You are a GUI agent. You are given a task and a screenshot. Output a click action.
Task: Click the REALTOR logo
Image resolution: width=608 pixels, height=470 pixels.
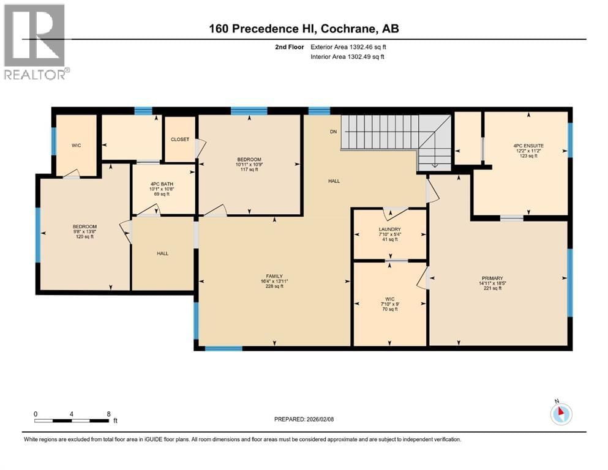(35, 42)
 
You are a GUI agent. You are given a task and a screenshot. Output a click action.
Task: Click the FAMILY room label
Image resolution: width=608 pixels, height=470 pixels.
(274, 276)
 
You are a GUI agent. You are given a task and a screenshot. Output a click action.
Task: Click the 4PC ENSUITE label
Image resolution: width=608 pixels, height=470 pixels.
(528, 146)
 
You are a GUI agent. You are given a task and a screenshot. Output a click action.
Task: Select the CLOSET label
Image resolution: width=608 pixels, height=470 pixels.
(180, 140)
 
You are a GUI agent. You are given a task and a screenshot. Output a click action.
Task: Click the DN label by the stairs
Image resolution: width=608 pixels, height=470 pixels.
(333, 132)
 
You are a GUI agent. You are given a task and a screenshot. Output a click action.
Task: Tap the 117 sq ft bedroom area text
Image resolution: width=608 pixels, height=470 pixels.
(249, 170)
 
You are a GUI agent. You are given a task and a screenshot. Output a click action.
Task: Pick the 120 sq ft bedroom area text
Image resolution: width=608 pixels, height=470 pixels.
(84, 237)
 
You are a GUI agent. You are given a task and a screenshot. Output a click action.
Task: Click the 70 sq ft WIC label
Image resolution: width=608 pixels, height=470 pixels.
(389, 309)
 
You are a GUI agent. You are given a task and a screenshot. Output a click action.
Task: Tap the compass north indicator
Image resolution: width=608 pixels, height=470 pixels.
(561, 413)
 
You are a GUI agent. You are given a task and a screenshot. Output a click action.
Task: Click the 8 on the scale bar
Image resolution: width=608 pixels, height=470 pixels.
(108, 414)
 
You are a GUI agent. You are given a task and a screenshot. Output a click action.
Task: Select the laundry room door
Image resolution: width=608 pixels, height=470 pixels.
(395, 212)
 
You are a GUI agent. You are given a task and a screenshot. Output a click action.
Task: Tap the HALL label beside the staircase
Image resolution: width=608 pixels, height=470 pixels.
(334, 181)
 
